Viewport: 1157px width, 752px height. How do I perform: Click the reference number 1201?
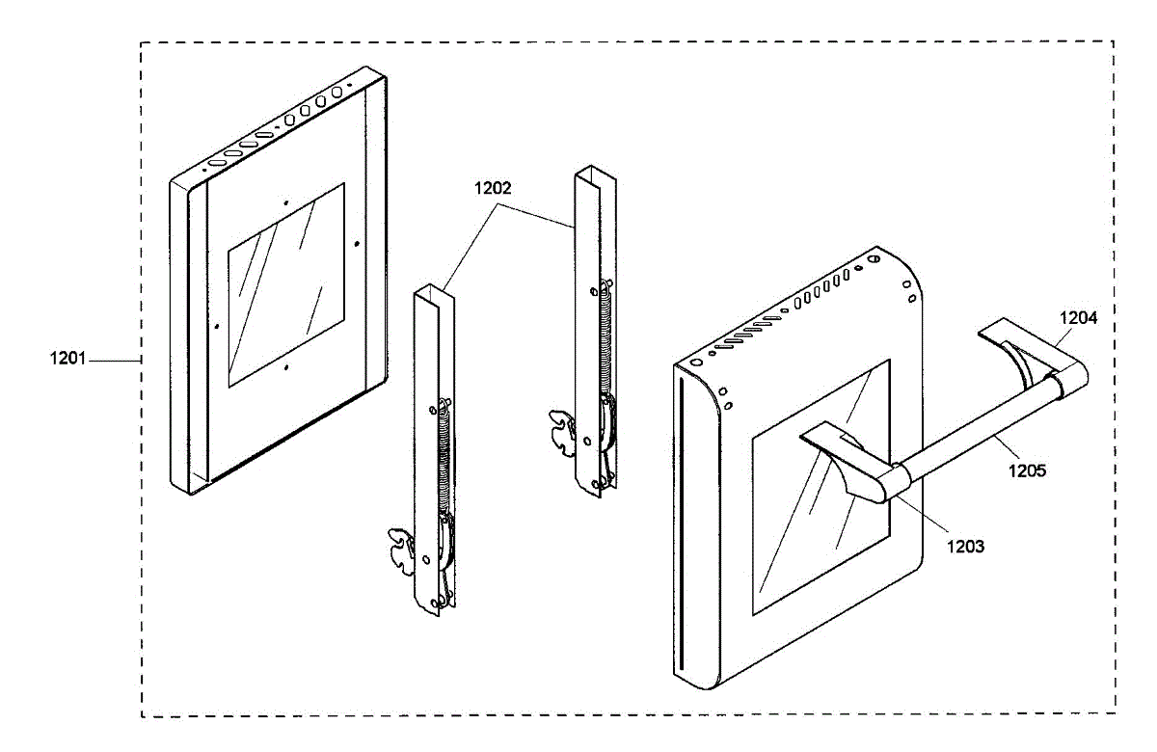pyautogui.click(x=67, y=360)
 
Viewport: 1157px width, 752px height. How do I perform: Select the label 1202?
pyautogui.click(x=493, y=190)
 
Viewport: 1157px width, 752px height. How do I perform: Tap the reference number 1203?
pyautogui.click(x=965, y=546)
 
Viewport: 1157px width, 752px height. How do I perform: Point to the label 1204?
pyautogui.click(x=1078, y=316)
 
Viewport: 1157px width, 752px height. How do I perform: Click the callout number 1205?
pyautogui.click(x=1027, y=471)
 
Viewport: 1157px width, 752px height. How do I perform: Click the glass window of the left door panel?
pyautogui.click(x=285, y=286)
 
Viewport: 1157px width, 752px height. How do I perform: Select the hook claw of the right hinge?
pyautogui.click(x=560, y=429)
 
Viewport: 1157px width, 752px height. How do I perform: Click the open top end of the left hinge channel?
pyautogui.click(x=435, y=292)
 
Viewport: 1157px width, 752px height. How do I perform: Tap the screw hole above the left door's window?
pyautogui.click(x=286, y=203)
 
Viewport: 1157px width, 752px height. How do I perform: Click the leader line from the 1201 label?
pyautogui.click(x=116, y=360)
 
